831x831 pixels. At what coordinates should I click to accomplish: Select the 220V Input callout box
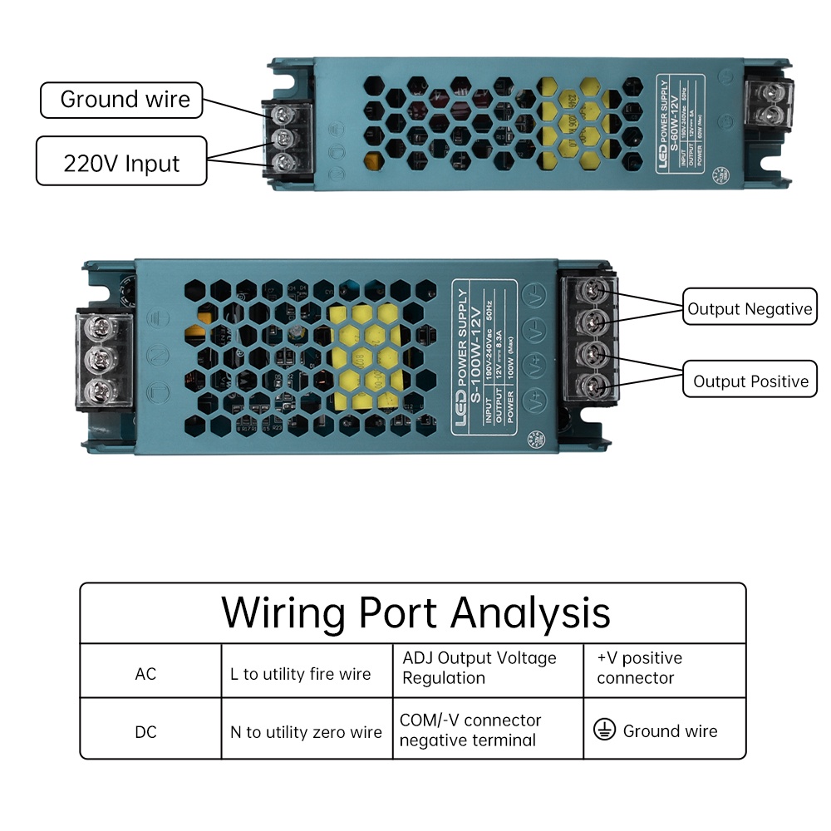click(x=121, y=161)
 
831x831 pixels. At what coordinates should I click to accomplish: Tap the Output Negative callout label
click(x=749, y=309)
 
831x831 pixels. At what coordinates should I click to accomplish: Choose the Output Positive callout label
click(x=750, y=381)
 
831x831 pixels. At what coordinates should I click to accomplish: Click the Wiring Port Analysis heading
click(x=415, y=613)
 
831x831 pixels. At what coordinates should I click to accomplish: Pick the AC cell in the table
click(x=145, y=673)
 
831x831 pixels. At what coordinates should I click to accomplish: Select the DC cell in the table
click(x=145, y=732)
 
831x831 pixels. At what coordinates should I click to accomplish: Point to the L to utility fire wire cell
click(x=300, y=674)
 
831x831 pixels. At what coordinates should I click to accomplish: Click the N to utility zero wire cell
click(x=306, y=732)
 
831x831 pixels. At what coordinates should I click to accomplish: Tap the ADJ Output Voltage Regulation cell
click(x=479, y=668)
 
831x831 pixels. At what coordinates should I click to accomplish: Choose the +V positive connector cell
click(x=639, y=668)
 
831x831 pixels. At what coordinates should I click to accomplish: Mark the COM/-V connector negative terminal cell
click(x=470, y=730)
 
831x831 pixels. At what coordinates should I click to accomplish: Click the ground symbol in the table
click(x=604, y=730)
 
